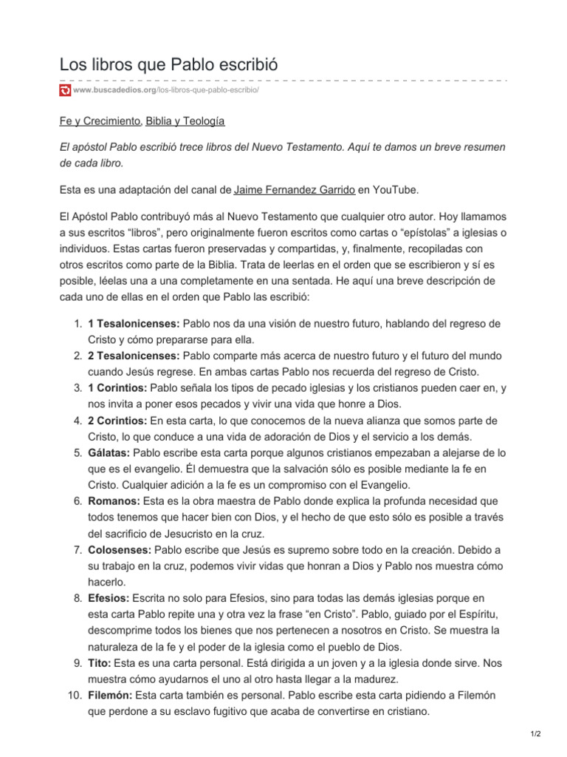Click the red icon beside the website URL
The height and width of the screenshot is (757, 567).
pos(65,90)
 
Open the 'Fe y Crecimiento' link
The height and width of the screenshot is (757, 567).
pos(100,120)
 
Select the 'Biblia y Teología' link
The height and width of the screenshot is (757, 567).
pos(185,120)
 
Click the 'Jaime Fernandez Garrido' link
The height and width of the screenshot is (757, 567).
pos(295,190)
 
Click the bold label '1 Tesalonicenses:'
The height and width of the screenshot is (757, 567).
pos(134,324)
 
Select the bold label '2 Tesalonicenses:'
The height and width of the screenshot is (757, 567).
pos(134,356)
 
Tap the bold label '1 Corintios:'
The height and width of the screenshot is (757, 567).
pos(117,388)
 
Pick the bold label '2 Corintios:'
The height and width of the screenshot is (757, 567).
pos(117,421)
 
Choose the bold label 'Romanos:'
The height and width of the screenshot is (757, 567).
pos(114,501)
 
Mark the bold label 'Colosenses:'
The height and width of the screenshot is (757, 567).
pos(120,549)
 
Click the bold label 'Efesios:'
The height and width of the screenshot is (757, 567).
pos(109,598)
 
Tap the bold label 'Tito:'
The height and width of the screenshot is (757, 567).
pos(100,663)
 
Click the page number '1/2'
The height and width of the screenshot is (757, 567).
pos(535,734)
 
